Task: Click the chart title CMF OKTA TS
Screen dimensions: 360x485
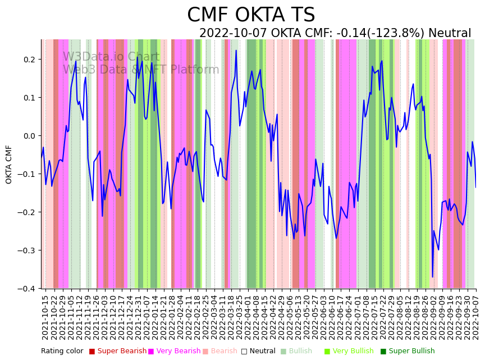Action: (x=251, y=15)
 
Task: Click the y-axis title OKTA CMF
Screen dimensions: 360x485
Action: (x=9, y=164)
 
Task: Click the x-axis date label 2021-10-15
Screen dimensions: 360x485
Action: (x=45, y=317)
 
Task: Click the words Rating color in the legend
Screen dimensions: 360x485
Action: (x=62, y=352)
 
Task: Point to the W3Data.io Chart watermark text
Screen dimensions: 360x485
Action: (x=111, y=57)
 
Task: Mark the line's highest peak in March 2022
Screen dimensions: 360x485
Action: (x=236, y=51)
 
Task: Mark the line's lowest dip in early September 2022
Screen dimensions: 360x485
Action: (x=432, y=277)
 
